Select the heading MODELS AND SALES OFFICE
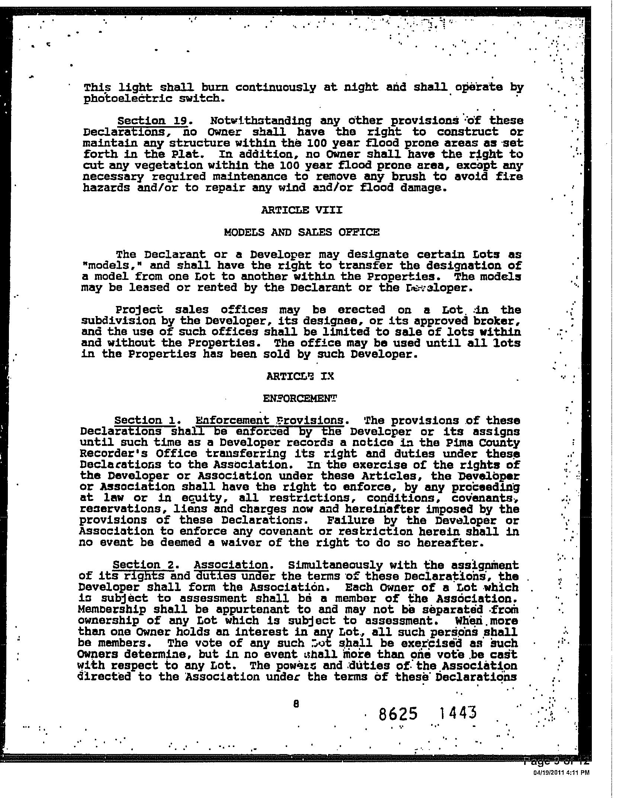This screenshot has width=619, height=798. pos(302,232)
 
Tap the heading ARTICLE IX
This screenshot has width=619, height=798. pos(300,376)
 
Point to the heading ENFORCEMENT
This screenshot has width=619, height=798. pos(300,398)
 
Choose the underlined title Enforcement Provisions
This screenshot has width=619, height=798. pos(269,421)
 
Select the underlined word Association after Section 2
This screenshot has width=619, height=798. pos(231,565)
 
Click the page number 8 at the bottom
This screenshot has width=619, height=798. pos(296,704)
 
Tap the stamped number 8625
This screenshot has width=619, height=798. pos(398,714)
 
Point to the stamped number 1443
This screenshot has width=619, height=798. pos(457,713)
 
